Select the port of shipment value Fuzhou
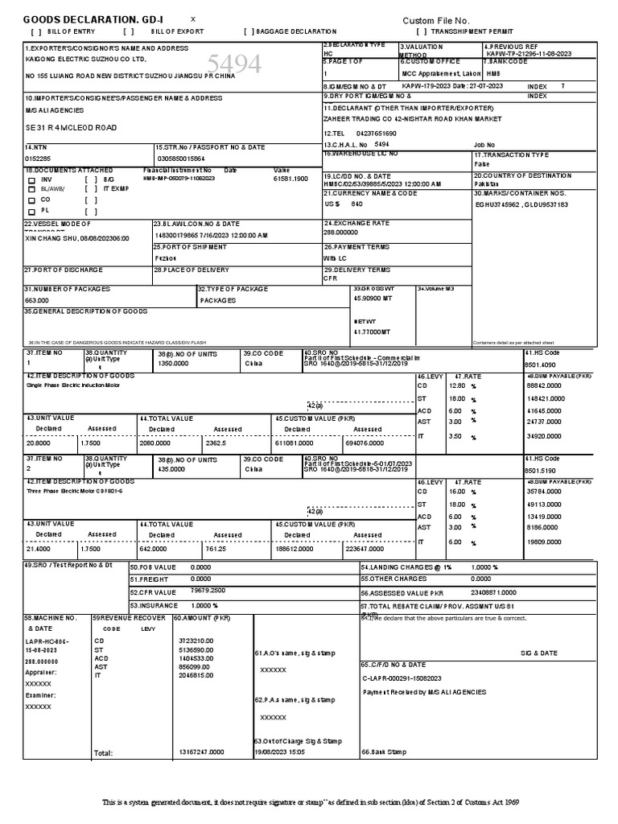(x=165, y=257)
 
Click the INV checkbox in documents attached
(x=32, y=179)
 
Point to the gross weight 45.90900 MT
(x=372, y=298)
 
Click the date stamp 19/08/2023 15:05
(x=281, y=752)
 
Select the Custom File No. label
(x=435, y=20)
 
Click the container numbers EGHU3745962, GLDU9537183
(x=521, y=204)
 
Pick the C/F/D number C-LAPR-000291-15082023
(x=402, y=678)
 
